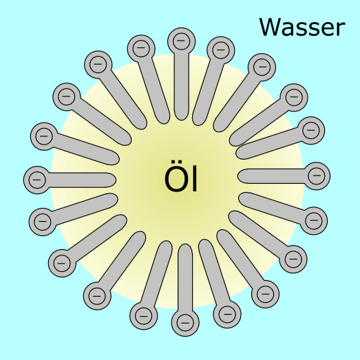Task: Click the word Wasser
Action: tap(302, 27)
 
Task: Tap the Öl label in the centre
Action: tap(181, 176)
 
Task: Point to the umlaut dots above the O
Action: tap(176, 162)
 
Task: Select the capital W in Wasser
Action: tap(271, 27)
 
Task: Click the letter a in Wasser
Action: tap(288, 30)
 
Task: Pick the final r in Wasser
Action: tap(341, 30)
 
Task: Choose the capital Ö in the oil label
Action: tap(176, 176)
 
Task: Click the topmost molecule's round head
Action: tap(182, 41)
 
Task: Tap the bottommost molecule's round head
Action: tap(185, 323)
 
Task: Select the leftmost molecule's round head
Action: tap(37, 180)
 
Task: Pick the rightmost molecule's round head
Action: tap(317, 176)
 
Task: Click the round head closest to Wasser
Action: tap(262, 67)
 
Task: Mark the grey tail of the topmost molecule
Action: tap(182, 87)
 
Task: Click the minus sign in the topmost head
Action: tap(181, 41)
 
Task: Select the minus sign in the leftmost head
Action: tap(37, 180)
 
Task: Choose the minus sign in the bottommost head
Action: tap(185, 323)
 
